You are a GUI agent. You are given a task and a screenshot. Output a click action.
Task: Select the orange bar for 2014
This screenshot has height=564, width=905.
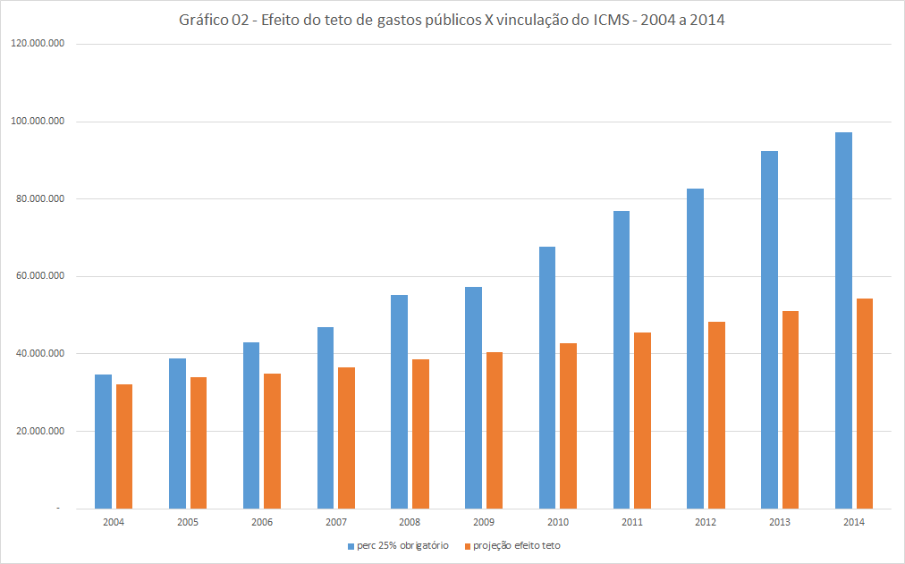[865, 403]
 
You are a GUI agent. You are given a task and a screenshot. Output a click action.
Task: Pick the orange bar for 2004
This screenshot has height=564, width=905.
[124, 446]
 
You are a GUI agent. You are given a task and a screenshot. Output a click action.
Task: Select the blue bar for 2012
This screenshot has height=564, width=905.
[695, 349]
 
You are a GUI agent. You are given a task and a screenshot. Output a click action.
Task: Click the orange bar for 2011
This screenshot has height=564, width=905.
[642, 420]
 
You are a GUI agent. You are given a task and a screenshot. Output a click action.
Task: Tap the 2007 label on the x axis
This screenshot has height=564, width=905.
[335, 522]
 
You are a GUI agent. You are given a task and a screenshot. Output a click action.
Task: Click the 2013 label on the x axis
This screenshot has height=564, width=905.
[780, 522]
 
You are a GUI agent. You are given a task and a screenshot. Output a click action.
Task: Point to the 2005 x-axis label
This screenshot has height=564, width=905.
[188, 522]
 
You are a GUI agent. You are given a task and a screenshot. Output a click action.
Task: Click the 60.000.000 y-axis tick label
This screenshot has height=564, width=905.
[40, 276]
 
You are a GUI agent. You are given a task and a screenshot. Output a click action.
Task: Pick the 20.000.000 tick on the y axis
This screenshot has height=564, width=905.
[40, 431]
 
